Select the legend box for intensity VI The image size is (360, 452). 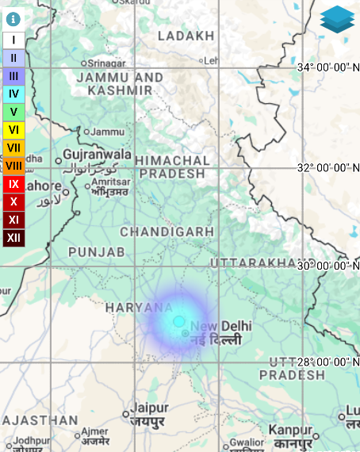click(13, 130)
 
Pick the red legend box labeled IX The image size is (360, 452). click(13, 184)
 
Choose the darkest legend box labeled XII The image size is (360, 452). click(13, 238)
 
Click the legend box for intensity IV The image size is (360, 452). click(13, 94)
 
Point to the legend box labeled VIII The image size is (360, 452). click(13, 166)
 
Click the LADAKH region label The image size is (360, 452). click(186, 36)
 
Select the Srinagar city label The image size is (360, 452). click(106, 63)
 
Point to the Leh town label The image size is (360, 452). click(211, 60)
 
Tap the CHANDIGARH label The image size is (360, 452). click(167, 232)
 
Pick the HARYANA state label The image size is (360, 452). click(140, 307)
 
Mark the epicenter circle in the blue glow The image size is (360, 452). click(179, 321)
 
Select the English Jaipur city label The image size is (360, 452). click(151, 408)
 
